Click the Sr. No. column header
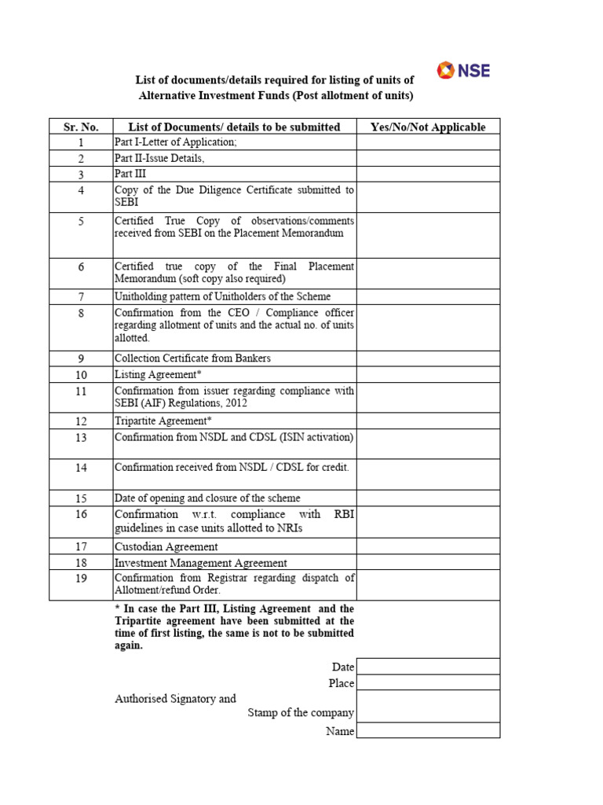(x=80, y=127)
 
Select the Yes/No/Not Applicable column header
(x=428, y=127)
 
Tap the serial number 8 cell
(x=80, y=314)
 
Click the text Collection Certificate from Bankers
(x=192, y=358)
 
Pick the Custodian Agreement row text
(x=166, y=546)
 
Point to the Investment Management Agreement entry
(x=201, y=563)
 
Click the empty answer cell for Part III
(x=428, y=174)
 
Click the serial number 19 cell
(x=80, y=579)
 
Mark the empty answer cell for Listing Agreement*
(x=428, y=374)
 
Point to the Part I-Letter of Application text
(x=175, y=142)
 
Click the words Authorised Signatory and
(x=175, y=698)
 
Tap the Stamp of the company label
(x=301, y=713)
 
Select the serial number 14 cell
(x=80, y=468)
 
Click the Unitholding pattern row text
(x=223, y=296)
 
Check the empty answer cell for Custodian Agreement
(x=428, y=546)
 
